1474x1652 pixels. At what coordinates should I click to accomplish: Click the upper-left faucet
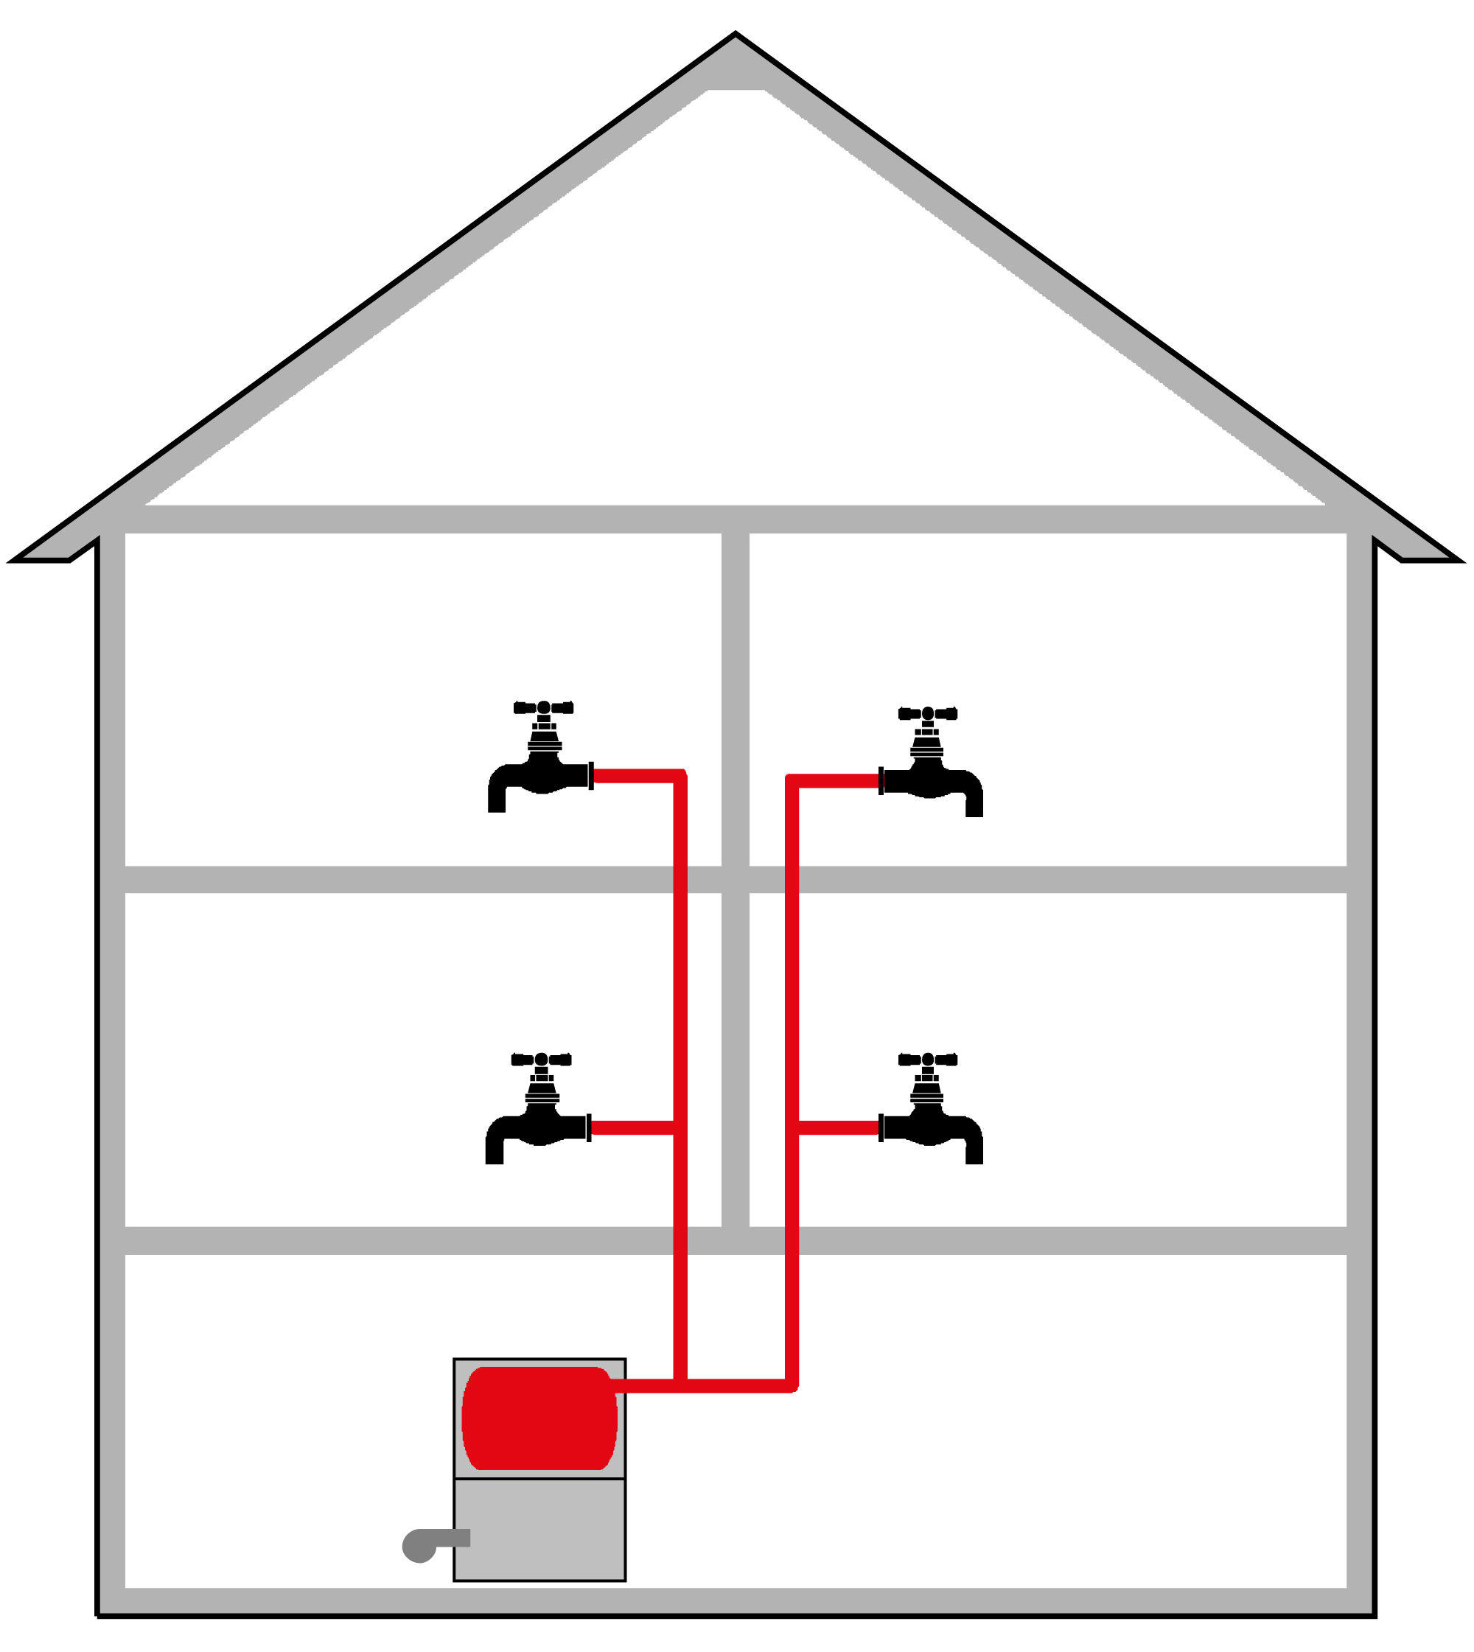click(541, 776)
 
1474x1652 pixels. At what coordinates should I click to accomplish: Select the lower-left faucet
click(539, 1127)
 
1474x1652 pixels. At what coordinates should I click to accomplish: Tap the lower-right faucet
click(930, 1127)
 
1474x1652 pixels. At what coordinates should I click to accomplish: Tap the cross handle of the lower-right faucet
click(927, 1060)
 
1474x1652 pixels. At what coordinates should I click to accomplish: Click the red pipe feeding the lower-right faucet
click(839, 1127)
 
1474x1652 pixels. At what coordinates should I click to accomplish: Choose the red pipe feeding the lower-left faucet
click(632, 1127)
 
